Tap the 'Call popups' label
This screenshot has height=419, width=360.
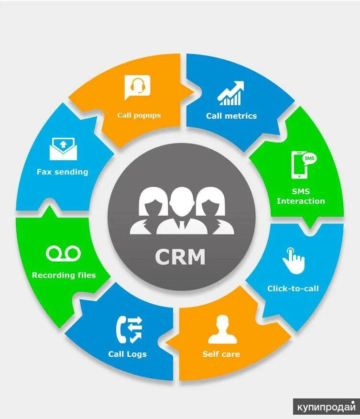[x=139, y=115]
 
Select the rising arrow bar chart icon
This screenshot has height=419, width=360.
[x=231, y=93]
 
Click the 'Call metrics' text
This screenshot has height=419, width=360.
[x=231, y=116]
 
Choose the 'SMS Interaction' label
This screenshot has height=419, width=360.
[x=301, y=196]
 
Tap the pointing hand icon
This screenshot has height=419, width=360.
[x=293, y=261]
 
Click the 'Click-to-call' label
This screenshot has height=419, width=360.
[x=293, y=288]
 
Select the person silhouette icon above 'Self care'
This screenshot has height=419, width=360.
[x=222, y=330]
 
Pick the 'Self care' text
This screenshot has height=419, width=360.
[x=221, y=354]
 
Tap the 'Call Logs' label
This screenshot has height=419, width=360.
[x=127, y=354]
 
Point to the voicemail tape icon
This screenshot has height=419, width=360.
[x=64, y=253]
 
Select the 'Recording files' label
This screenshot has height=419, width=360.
[x=64, y=276]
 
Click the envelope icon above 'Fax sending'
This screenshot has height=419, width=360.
[x=63, y=149]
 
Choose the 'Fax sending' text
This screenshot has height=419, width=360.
[x=62, y=172]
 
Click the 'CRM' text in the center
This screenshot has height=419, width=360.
[x=180, y=257]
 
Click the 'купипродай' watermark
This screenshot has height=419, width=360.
[x=326, y=407]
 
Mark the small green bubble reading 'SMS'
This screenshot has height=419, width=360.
[x=309, y=158]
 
